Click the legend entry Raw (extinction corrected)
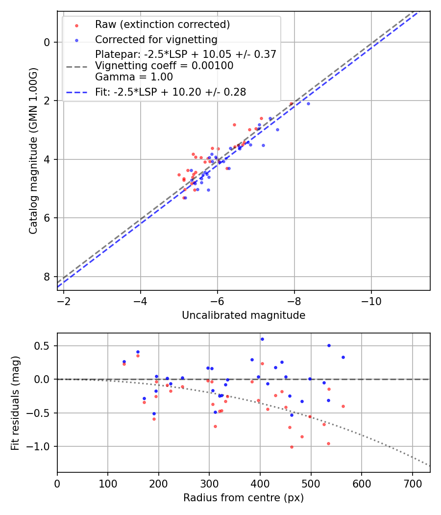click(x=162, y=25)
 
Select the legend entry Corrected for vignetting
click(x=156, y=39)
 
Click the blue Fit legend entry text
click(x=171, y=92)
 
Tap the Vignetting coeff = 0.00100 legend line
click(x=164, y=66)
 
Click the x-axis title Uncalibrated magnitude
click(x=244, y=315)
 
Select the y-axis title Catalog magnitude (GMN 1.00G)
click(x=33, y=151)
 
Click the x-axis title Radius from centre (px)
click(x=244, y=498)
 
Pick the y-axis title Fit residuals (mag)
click(x=15, y=402)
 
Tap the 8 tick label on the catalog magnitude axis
click(x=47, y=277)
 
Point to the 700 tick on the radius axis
click(x=412, y=483)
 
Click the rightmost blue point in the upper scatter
click(x=308, y=103)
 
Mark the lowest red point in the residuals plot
click(x=292, y=447)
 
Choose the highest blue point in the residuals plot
click(x=262, y=339)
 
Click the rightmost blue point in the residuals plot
click(x=343, y=357)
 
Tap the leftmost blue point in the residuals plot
click(x=124, y=361)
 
